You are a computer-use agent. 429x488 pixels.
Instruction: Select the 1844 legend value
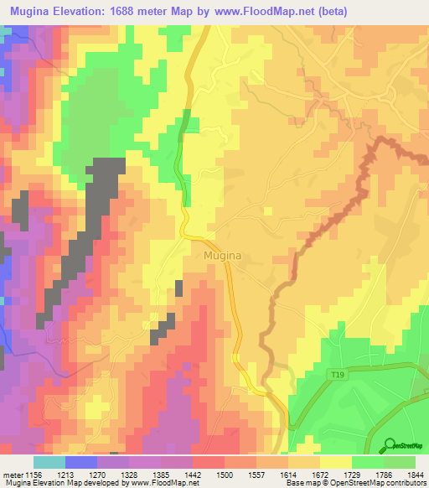416,474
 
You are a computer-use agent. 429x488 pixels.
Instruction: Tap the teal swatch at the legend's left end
49,462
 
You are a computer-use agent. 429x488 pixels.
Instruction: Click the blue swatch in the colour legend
81,462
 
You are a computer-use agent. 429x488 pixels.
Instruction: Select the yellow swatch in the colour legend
335,462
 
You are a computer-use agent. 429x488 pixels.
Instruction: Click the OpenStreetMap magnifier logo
390,444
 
